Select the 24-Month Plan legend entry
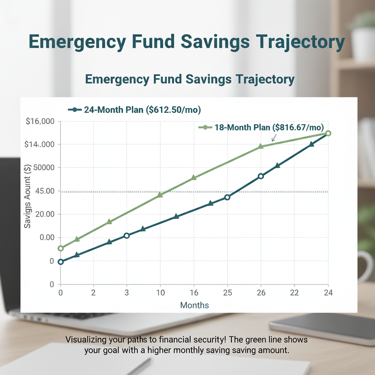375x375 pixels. (135, 109)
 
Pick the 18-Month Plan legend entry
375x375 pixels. (261, 127)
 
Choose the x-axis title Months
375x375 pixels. (194, 305)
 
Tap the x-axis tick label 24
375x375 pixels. (328, 293)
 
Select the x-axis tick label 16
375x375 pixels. (194, 293)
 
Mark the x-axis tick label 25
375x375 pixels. (227, 293)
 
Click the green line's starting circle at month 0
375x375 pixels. (61, 248)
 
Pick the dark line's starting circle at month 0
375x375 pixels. (61, 262)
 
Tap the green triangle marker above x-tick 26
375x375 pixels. (261, 146)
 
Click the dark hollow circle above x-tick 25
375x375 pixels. (227, 197)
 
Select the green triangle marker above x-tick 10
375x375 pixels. (160, 195)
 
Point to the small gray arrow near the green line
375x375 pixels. (274, 138)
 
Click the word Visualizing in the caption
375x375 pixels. (86, 340)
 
